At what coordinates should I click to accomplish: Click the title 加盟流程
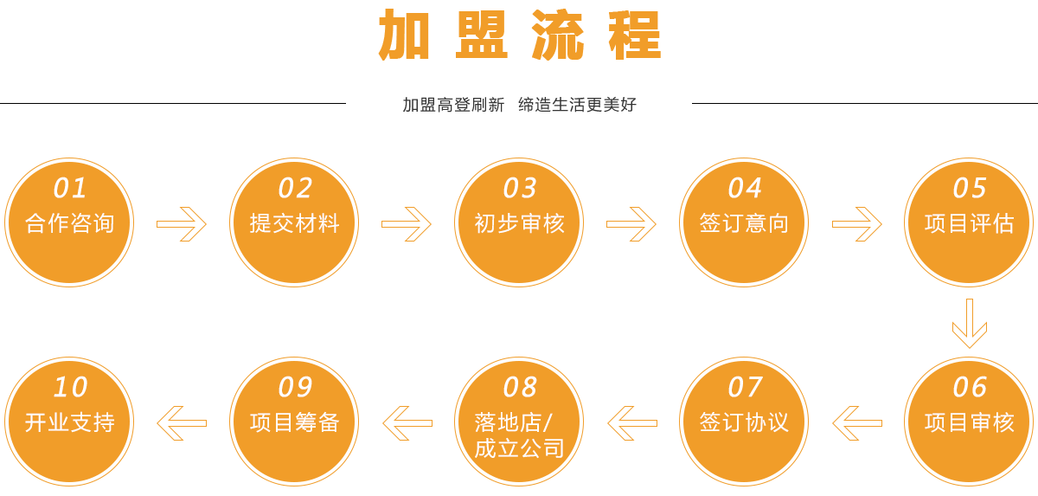(519, 35)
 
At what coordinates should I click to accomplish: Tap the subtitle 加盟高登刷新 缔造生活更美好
(519, 105)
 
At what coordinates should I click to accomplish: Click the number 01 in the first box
(69, 188)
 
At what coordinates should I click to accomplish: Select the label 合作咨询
(69, 223)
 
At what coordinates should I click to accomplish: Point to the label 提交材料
(294, 223)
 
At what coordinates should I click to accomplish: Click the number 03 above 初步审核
(519, 188)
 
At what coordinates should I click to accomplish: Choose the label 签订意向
(744, 223)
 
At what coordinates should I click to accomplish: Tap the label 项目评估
(969, 223)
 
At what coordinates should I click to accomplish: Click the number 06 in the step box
(969, 387)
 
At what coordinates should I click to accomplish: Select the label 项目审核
(969, 422)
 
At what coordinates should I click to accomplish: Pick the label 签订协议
(744, 422)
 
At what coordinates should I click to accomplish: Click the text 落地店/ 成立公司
(519, 435)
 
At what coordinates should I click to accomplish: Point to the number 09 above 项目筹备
(294, 387)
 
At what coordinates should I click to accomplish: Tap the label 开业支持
(69, 422)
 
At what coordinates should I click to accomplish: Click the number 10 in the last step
(69, 387)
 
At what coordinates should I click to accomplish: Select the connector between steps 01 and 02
(182, 224)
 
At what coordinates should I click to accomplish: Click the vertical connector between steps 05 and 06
(970, 324)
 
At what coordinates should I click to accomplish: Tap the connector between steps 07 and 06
(857, 423)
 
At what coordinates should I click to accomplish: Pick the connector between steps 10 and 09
(182, 423)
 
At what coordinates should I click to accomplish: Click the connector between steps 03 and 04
(631, 224)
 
